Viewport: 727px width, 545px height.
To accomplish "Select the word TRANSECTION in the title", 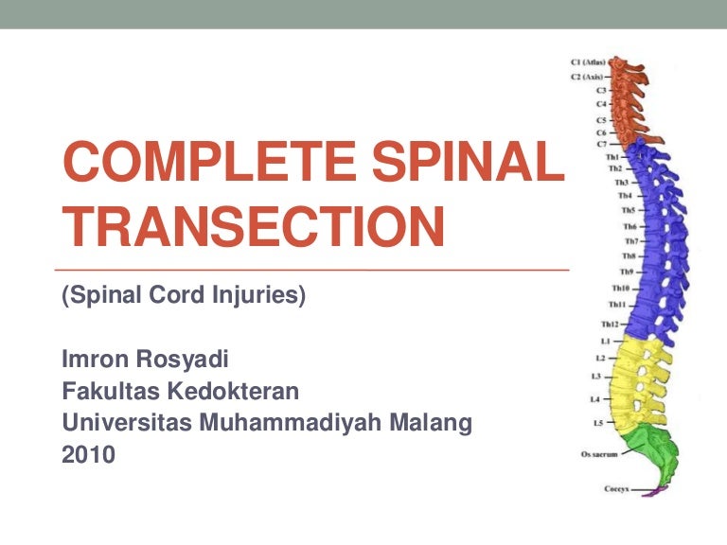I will (x=253, y=227).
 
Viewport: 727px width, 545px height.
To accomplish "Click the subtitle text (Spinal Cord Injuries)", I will (x=184, y=296).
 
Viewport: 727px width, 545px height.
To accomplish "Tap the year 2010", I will (x=88, y=455).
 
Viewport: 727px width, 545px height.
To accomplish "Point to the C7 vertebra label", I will (x=601, y=144).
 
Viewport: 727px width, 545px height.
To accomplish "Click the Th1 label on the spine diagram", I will (x=613, y=157).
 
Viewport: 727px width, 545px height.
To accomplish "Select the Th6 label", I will (x=629, y=227).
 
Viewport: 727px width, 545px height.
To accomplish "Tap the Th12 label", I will (x=609, y=324).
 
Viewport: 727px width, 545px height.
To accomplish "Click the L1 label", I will (x=605, y=340).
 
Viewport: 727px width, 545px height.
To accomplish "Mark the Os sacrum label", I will (x=599, y=455).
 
